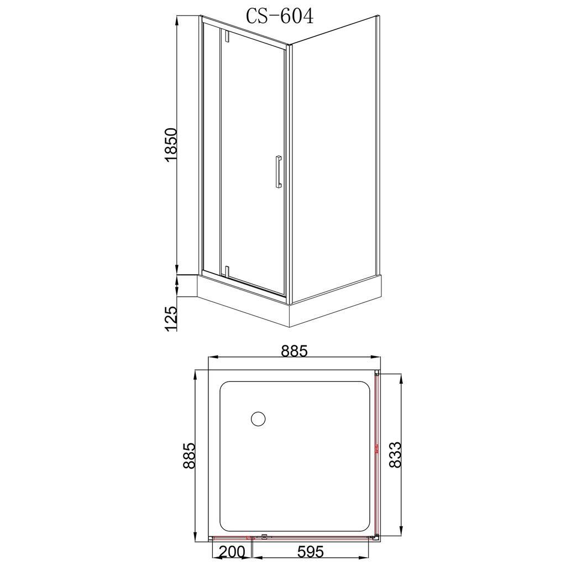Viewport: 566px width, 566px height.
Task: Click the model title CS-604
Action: [x=280, y=16]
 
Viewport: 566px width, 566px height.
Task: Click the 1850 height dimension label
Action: [x=170, y=144]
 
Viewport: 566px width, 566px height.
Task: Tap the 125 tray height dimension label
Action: [x=171, y=319]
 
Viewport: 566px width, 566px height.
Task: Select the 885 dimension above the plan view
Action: [x=294, y=350]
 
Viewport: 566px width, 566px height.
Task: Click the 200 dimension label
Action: [x=232, y=551]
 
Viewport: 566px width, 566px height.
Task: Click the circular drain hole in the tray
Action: [x=258, y=418]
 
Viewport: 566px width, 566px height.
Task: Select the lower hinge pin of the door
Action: [x=226, y=271]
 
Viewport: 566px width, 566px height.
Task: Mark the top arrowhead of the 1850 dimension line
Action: [x=178, y=20]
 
